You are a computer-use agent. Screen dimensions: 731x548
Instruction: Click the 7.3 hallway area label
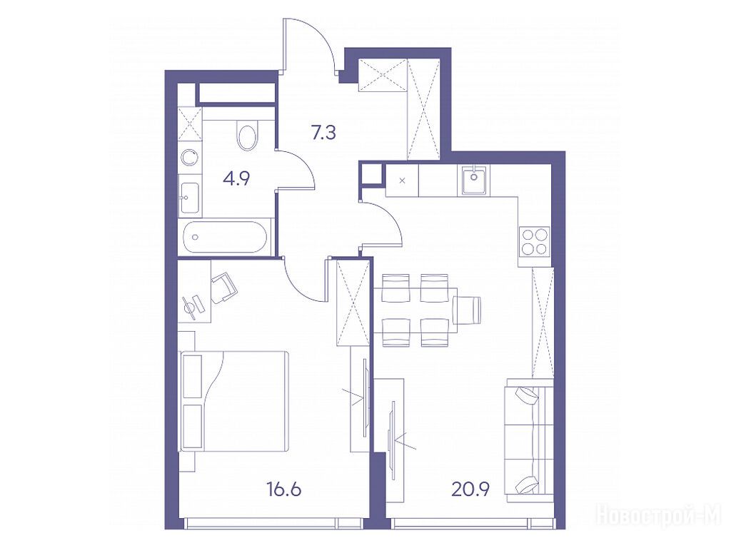tap(323, 133)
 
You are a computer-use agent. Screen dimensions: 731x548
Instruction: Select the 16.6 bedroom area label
tap(284, 489)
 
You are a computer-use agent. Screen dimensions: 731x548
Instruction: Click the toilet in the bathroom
tap(247, 133)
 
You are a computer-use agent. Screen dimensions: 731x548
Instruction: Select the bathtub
tap(226, 237)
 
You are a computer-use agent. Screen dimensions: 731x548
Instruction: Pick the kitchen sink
tap(474, 180)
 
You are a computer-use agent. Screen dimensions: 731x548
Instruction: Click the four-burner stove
tap(534, 241)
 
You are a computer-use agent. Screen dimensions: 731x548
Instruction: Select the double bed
tap(234, 401)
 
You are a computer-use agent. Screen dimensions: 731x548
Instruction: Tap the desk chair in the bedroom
tap(224, 288)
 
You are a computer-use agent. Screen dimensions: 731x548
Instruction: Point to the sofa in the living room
tap(528, 440)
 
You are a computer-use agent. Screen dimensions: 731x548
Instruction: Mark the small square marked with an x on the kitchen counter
tap(403, 181)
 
